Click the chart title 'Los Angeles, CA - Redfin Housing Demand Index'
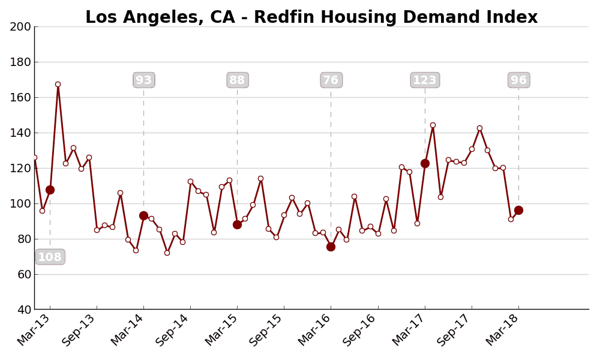pyautogui.click(x=311, y=17)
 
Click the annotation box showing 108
pyautogui.click(x=50, y=257)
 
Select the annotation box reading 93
pyautogui.click(x=143, y=80)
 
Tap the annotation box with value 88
pyautogui.click(x=237, y=80)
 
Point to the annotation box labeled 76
pyautogui.click(x=331, y=80)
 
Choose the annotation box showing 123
pyautogui.click(x=425, y=80)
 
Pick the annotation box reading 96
pyautogui.click(x=518, y=80)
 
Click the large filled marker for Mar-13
pyautogui.click(x=50, y=190)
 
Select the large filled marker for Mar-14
pyautogui.click(x=143, y=215)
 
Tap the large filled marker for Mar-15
pyautogui.click(x=237, y=224)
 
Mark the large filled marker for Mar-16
pyautogui.click(x=331, y=247)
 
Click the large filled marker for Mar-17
pyautogui.click(x=425, y=163)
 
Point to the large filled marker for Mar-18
pyautogui.click(x=518, y=210)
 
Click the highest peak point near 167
pyautogui.click(x=58, y=85)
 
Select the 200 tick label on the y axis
pyautogui.click(x=20, y=26)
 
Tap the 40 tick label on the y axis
pyautogui.click(x=23, y=310)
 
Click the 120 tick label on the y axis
pyautogui.click(x=20, y=168)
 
